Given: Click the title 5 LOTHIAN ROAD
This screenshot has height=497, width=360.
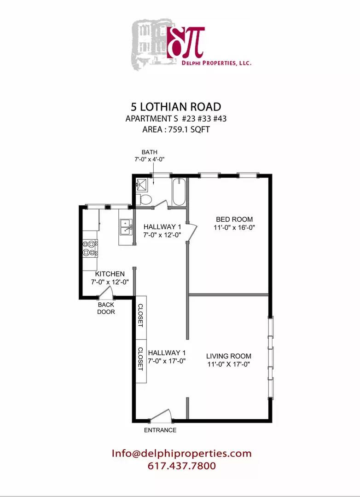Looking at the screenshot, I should coord(176,107).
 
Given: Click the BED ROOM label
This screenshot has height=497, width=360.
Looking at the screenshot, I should coord(234,219).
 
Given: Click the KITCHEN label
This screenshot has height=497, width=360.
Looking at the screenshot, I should coord(110,274).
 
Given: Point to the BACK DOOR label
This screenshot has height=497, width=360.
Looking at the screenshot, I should coord(106,308).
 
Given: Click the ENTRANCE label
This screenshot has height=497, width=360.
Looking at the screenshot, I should coord(160,430).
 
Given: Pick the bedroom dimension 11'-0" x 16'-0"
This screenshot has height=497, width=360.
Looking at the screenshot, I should coord(234,227).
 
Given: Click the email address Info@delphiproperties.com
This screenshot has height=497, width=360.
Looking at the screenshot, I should coord(181,453).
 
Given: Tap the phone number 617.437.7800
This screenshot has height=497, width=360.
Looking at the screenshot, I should coord(181,466).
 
